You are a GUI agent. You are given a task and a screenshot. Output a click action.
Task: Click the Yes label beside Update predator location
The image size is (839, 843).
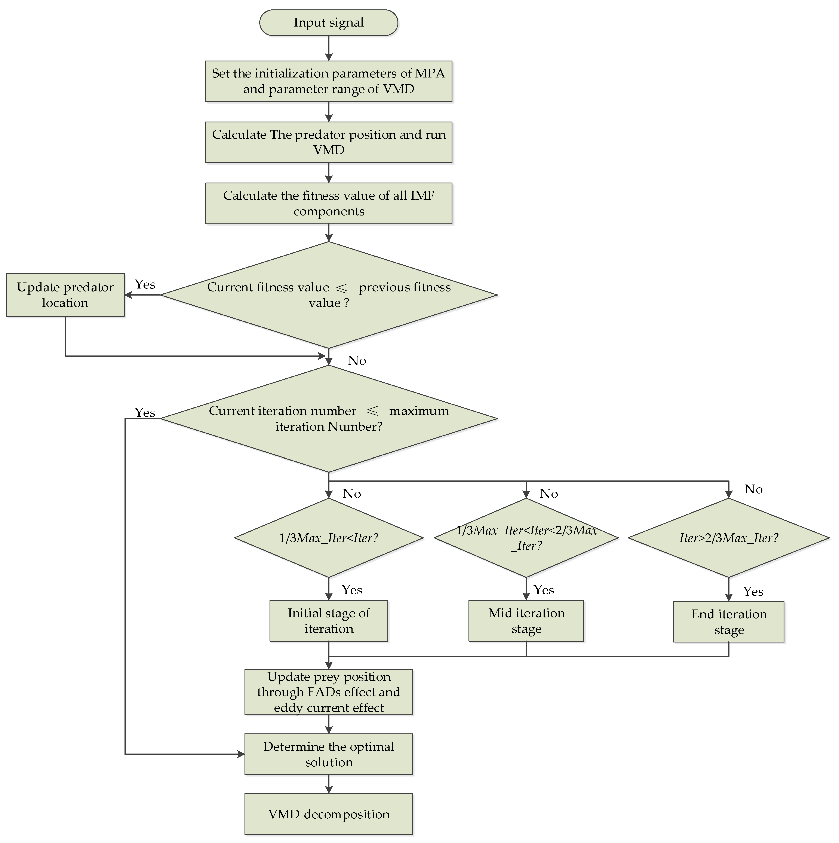(145, 284)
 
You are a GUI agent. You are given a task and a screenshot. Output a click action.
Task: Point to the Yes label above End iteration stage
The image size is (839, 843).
(753, 592)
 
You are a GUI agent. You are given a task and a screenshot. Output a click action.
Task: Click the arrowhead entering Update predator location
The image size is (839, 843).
(128, 295)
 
